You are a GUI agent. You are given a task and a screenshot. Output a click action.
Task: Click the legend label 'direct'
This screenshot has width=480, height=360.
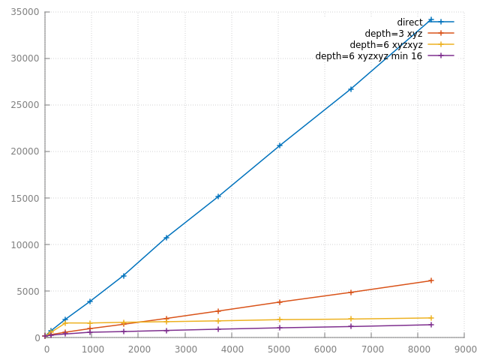409,22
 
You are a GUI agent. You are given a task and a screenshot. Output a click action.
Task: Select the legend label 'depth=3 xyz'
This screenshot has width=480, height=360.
394,34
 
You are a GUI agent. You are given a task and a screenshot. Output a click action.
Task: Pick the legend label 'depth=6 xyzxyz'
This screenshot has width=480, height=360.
386,45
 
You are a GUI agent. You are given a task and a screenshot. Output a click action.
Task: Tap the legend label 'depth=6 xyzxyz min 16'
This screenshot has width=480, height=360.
369,56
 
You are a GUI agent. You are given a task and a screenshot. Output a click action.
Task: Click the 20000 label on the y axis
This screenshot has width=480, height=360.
27,151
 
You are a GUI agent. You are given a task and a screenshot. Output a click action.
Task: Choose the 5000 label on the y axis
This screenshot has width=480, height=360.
29,291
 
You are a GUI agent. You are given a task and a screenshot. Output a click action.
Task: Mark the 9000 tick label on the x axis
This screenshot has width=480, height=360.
465,349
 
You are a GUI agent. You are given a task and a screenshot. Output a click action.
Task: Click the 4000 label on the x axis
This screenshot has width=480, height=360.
232,349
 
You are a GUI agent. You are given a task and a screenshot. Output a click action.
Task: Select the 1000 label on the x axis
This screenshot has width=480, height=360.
92,349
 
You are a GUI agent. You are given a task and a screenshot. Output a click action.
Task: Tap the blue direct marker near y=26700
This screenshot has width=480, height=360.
351,89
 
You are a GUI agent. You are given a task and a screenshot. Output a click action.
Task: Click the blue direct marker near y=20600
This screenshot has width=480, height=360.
279,145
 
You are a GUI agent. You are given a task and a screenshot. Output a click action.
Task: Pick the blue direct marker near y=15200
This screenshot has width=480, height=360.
218,196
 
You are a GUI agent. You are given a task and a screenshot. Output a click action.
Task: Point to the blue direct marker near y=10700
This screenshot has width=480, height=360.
166,238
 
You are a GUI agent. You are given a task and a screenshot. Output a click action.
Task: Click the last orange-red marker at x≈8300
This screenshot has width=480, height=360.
431,280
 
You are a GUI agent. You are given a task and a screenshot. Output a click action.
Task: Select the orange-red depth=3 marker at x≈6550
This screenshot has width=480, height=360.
351,292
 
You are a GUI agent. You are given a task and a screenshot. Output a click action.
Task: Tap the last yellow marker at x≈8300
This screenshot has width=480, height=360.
431,318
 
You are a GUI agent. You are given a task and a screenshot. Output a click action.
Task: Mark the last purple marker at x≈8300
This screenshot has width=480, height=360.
431,325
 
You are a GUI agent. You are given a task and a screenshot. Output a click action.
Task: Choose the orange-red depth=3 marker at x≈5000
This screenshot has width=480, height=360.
279,302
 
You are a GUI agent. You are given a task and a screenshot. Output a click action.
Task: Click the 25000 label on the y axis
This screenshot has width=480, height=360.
27,105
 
